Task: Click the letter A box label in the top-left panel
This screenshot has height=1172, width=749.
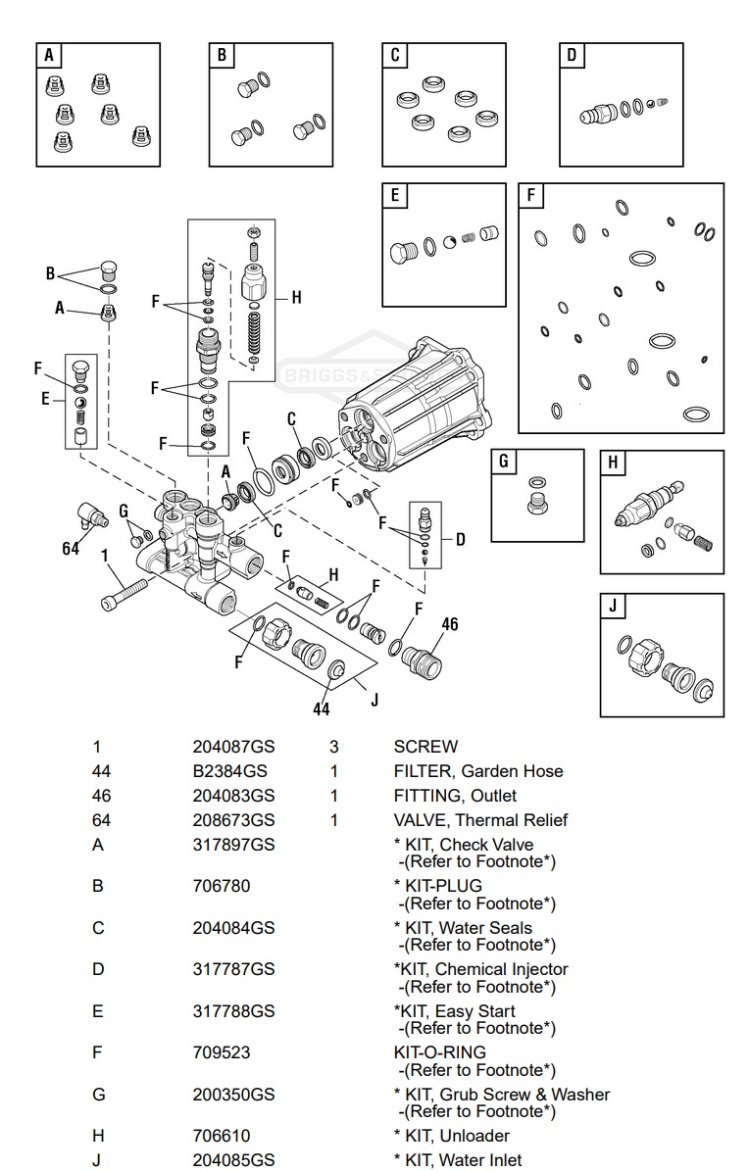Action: pos(49,56)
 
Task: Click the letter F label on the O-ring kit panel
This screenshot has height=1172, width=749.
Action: pos(531,196)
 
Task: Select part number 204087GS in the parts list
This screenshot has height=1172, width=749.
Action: pos(233,747)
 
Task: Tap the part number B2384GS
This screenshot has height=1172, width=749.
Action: pos(229,771)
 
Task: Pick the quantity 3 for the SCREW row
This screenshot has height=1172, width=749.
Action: pos(333,747)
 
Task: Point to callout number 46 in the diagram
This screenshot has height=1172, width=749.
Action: pos(449,624)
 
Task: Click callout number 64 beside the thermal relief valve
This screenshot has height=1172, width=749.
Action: pos(71,549)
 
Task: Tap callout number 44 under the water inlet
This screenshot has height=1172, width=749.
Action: pos(322,708)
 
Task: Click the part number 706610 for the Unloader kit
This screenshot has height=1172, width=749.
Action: pos(221,1136)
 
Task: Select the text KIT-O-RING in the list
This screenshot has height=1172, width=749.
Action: pos(439,1052)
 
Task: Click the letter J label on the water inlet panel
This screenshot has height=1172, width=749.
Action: pos(614,607)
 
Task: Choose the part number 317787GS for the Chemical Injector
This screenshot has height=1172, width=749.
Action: pos(233,969)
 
